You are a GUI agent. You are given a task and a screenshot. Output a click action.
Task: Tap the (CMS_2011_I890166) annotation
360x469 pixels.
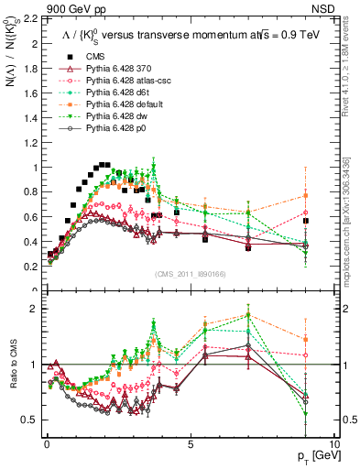click(190, 274)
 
